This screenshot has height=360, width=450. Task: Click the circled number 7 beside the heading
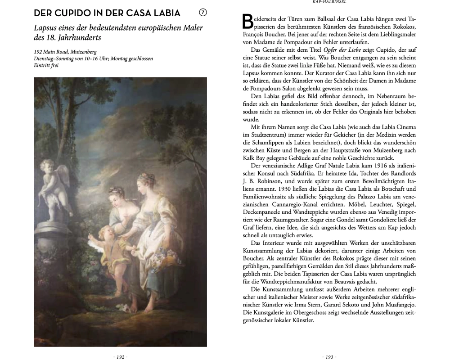click(202, 13)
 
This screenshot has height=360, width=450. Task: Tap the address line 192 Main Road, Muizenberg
click(65, 52)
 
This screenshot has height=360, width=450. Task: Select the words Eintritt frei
click(46, 66)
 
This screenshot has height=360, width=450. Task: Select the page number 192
click(120, 357)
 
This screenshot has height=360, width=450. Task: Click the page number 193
click(328, 357)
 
